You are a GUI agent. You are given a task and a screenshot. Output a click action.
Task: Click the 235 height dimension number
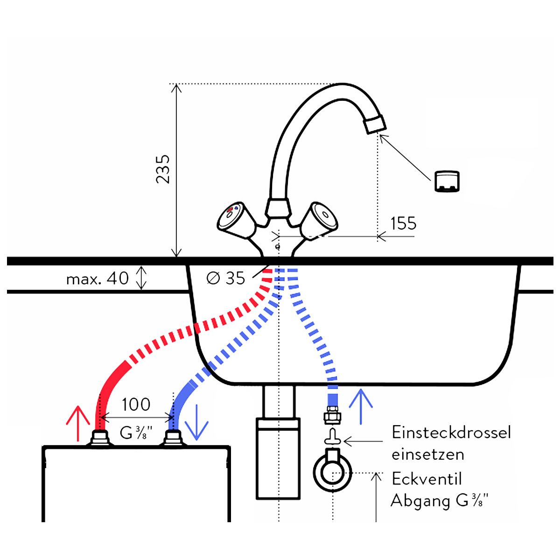pyautogui.click(x=162, y=169)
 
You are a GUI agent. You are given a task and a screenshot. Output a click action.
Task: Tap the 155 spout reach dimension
pyautogui.click(x=403, y=223)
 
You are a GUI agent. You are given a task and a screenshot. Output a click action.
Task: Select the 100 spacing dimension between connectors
pyautogui.click(x=136, y=404)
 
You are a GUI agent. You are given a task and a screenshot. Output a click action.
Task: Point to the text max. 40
pyautogui.click(x=98, y=279)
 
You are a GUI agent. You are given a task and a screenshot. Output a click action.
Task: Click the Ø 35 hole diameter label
pyautogui.click(x=226, y=278)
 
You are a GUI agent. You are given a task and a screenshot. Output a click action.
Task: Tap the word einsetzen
pyautogui.click(x=428, y=455)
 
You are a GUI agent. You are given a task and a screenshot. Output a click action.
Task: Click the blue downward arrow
pyautogui.click(x=197, y=422)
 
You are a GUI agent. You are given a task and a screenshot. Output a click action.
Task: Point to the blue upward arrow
pyautogui.click(x=361, y=406)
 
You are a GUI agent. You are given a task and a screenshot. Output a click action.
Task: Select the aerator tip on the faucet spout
pyautogui.click(x=376, y=124)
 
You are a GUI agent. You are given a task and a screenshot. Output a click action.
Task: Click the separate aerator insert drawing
pyautogui.click(x=447, y=182)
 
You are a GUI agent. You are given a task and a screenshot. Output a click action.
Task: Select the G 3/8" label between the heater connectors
pyautogui.click(x=136, y=433)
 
